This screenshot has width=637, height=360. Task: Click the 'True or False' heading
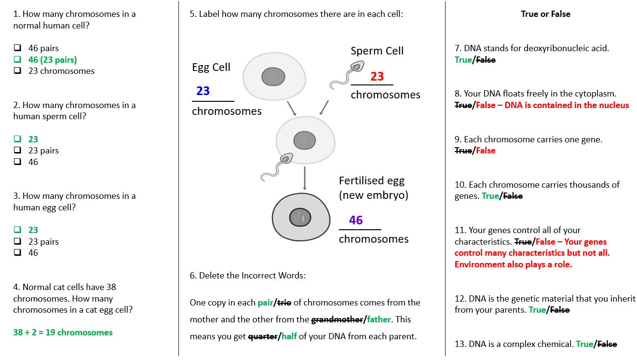pos(545,14)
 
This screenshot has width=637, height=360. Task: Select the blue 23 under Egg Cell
pos(203,91)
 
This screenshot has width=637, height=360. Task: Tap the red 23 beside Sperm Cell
pos(377,76)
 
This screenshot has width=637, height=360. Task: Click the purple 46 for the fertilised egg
pos(356,220)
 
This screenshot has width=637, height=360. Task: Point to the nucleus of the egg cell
pos(273,76)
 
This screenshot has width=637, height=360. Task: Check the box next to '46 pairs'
pos(17,48)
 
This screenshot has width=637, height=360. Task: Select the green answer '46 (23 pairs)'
pos(52,59)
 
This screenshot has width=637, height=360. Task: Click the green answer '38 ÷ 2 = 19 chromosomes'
pos(63,332)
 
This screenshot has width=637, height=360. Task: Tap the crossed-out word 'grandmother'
pos(337,319)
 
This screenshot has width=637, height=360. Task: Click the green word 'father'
pos(379,319)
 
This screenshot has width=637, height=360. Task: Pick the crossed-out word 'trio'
pos(284,303)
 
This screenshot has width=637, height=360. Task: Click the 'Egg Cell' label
pos(211,67)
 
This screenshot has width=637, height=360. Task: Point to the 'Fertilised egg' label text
pos(371,180)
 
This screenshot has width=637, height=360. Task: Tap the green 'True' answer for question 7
pos(463,60)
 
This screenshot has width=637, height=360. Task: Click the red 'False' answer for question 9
pos(486,151)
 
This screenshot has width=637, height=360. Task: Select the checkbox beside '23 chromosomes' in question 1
pos(17,70)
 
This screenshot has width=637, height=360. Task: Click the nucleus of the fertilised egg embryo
pos(300,218)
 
